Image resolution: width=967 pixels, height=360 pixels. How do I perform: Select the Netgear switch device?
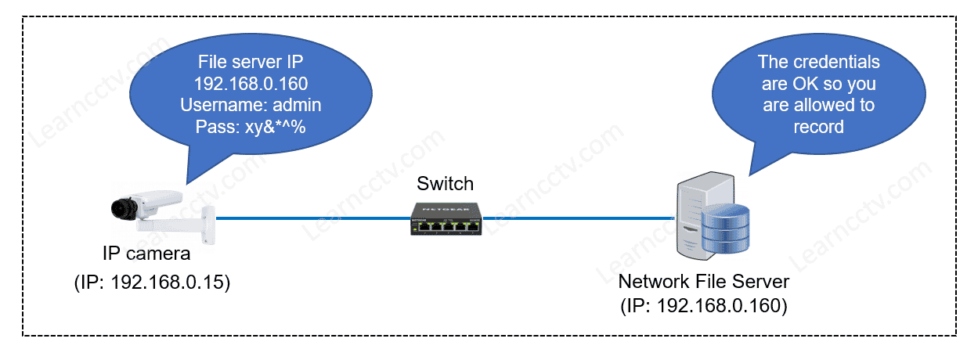click(x=446, y=218)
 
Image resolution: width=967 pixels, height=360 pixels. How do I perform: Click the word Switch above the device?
click(x=446, y=184)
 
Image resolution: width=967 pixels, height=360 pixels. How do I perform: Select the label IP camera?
click(x=146, y=255)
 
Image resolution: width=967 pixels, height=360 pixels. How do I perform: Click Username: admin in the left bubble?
click(x=251, y=105)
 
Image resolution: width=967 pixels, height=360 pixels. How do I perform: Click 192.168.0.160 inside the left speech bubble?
click(x=251, y=83)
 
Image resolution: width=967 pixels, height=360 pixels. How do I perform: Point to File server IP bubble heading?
click(x=251, y=62)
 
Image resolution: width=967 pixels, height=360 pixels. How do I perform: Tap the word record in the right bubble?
click(x=818, y=126)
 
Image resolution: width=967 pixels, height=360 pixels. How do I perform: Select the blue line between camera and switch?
click(x=313, y=218)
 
